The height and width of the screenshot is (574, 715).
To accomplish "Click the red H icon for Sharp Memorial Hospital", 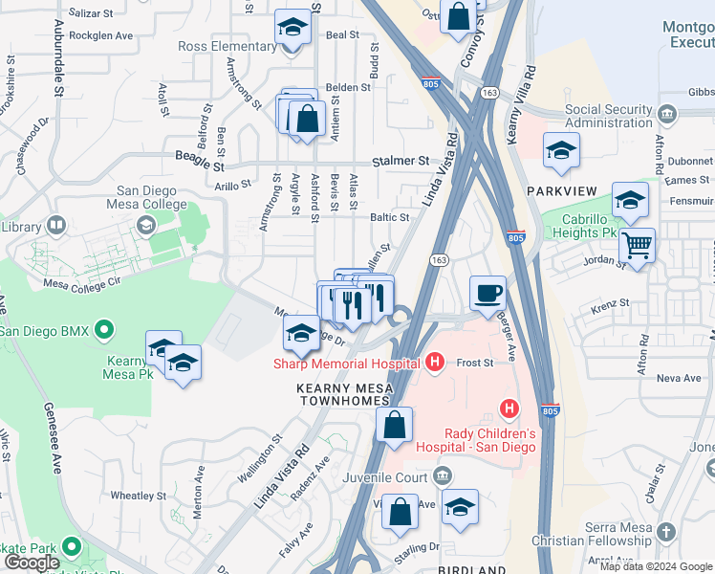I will tap(435, 363).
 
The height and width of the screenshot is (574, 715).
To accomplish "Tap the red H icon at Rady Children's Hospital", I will tap(509, 409).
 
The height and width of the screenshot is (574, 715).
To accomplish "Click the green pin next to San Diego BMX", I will tap(104, 332).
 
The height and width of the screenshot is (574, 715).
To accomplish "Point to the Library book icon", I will tap(56, 227).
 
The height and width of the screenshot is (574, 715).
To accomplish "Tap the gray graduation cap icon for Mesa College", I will tap(145, 225).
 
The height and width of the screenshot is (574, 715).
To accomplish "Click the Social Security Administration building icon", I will tap(666, 115).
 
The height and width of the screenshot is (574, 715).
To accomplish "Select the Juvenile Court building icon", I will tap(443, 475).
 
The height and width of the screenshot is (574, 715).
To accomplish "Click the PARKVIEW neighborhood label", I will tap(562, 191).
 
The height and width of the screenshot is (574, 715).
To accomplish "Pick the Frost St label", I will tap(474, 363).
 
